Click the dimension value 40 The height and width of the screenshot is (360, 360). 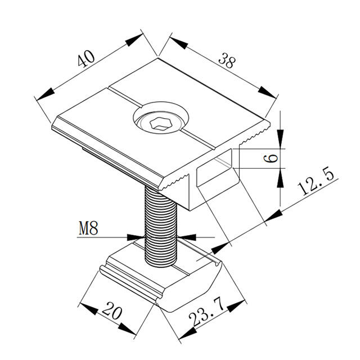point(86,58)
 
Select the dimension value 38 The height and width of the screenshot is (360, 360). point(227,60)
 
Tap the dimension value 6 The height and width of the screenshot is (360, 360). point(271,159)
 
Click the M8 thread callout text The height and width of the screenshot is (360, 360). point(88,228)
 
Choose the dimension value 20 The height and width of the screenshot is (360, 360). point(112,310)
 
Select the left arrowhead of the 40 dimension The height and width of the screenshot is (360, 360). point(46,94)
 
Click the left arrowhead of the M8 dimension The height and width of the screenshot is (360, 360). point(136,237)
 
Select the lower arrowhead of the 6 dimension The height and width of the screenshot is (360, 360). point(280,178)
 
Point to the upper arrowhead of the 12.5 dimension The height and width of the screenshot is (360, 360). point(273,215)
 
